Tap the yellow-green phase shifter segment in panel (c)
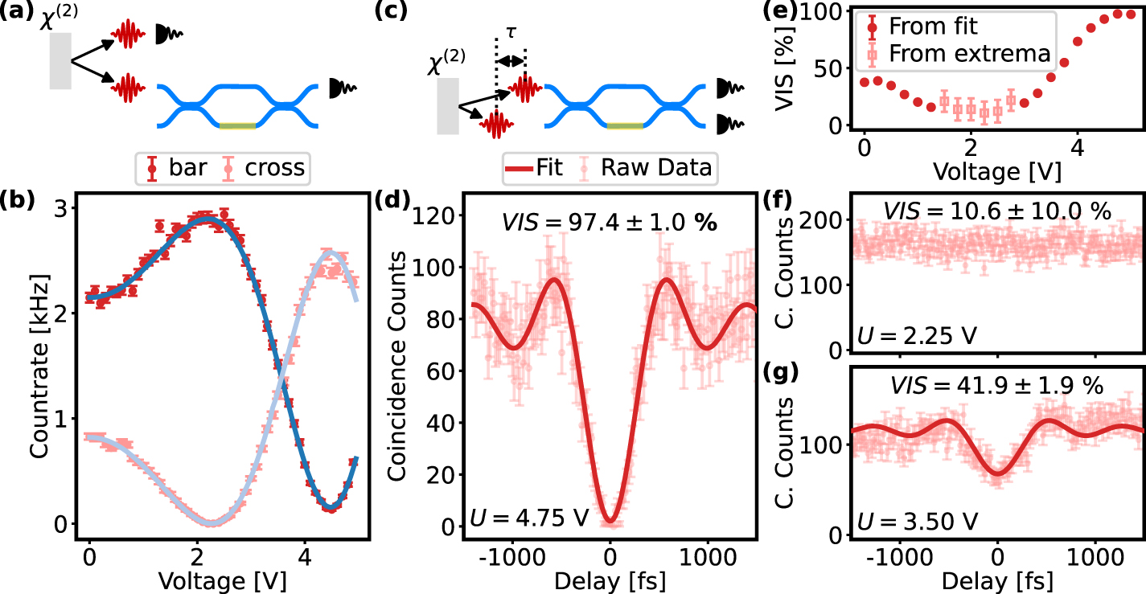(625, 125)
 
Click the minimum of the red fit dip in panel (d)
(610, 522)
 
